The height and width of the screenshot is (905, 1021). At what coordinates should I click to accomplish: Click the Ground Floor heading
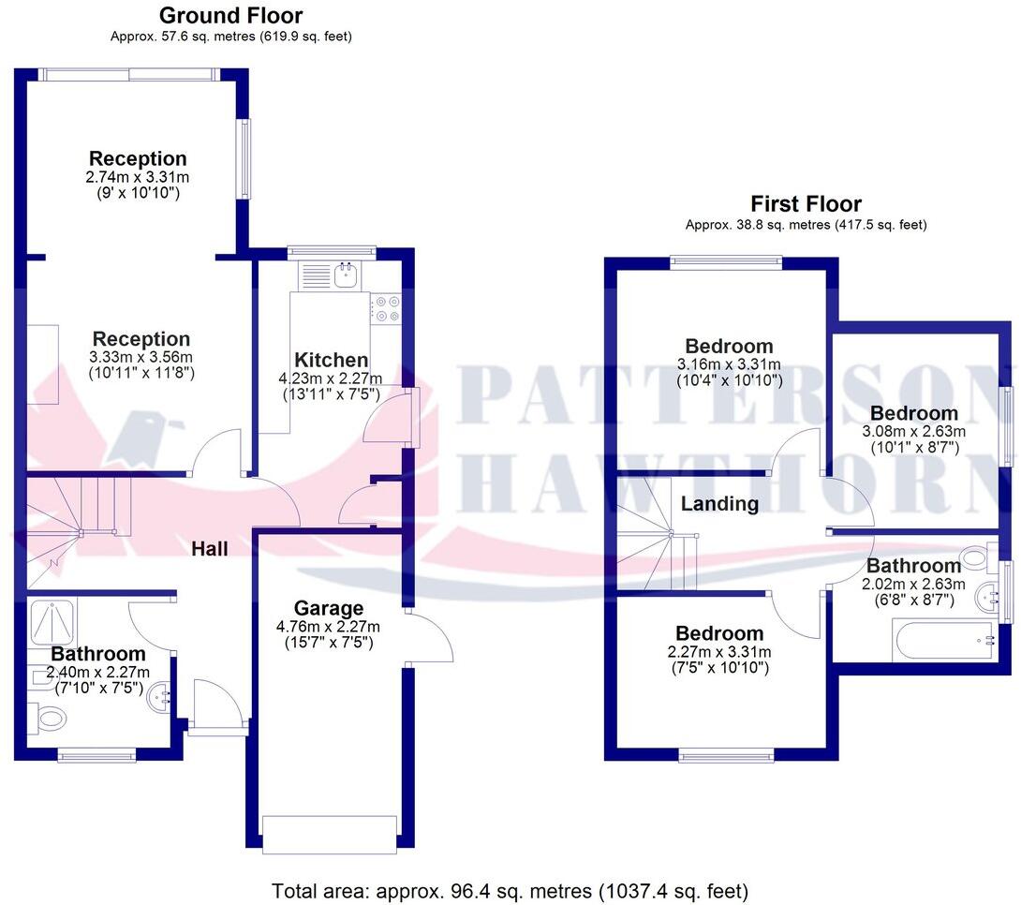click(x=230, y=16)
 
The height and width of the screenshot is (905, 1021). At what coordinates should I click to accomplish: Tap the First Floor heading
click(x=806, y=204)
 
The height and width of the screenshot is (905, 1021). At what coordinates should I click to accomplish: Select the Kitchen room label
click(x=331, y=361)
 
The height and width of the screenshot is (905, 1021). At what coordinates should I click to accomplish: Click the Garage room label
click(x=328, y=609)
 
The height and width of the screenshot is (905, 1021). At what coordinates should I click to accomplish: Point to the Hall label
click(x=210, y=549)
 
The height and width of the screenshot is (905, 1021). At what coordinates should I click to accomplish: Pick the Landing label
click(x=719, y=504)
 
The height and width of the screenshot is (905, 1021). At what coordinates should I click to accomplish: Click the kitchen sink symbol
click(x=348, y=274)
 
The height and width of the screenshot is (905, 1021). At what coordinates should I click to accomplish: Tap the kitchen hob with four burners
click(x=387, y=308)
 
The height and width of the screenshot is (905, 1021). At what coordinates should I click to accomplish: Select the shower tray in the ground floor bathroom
click(x=53, y=621)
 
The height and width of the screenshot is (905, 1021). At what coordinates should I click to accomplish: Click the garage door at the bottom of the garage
click(x=330, y=834)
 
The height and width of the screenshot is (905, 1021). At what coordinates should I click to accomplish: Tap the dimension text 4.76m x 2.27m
click(x=328, y=628)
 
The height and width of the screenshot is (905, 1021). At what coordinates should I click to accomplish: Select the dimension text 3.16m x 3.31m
click(x=729, y=364)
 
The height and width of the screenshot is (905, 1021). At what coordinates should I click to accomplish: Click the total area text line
click(x=510, y=889)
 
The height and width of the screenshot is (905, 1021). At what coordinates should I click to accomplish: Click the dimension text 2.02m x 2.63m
click(x=913, y=584)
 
